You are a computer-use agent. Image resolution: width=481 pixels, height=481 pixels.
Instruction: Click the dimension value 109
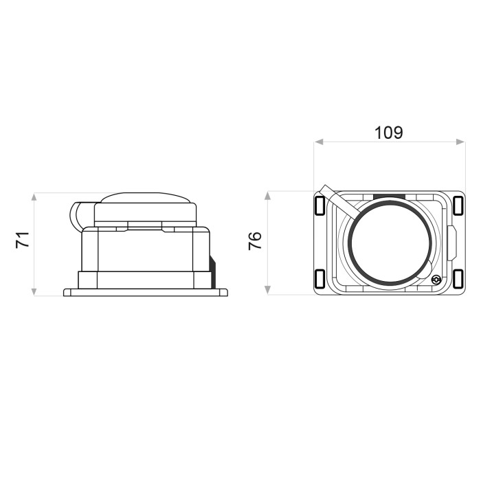coord(389,133)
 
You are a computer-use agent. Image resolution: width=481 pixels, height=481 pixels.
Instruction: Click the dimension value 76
coord(255,240)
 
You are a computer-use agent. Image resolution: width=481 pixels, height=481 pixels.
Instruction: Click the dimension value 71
coord(23,240)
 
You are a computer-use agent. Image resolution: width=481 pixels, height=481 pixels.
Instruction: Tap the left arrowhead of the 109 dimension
coord(319,142)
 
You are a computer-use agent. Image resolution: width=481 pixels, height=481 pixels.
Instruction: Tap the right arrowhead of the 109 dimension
coord(461,142)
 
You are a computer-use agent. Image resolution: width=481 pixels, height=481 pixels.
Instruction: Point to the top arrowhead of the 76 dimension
coord(267,196)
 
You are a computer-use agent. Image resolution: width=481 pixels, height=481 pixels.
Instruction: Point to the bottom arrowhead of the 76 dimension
coord(267,290)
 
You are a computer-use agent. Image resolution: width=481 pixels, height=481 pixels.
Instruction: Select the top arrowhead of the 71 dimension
coord(34,197)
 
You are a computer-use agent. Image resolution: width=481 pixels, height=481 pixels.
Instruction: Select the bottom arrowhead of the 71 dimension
coord(34,291)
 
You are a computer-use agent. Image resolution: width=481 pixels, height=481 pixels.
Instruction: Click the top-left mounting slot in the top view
coord(320,205)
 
